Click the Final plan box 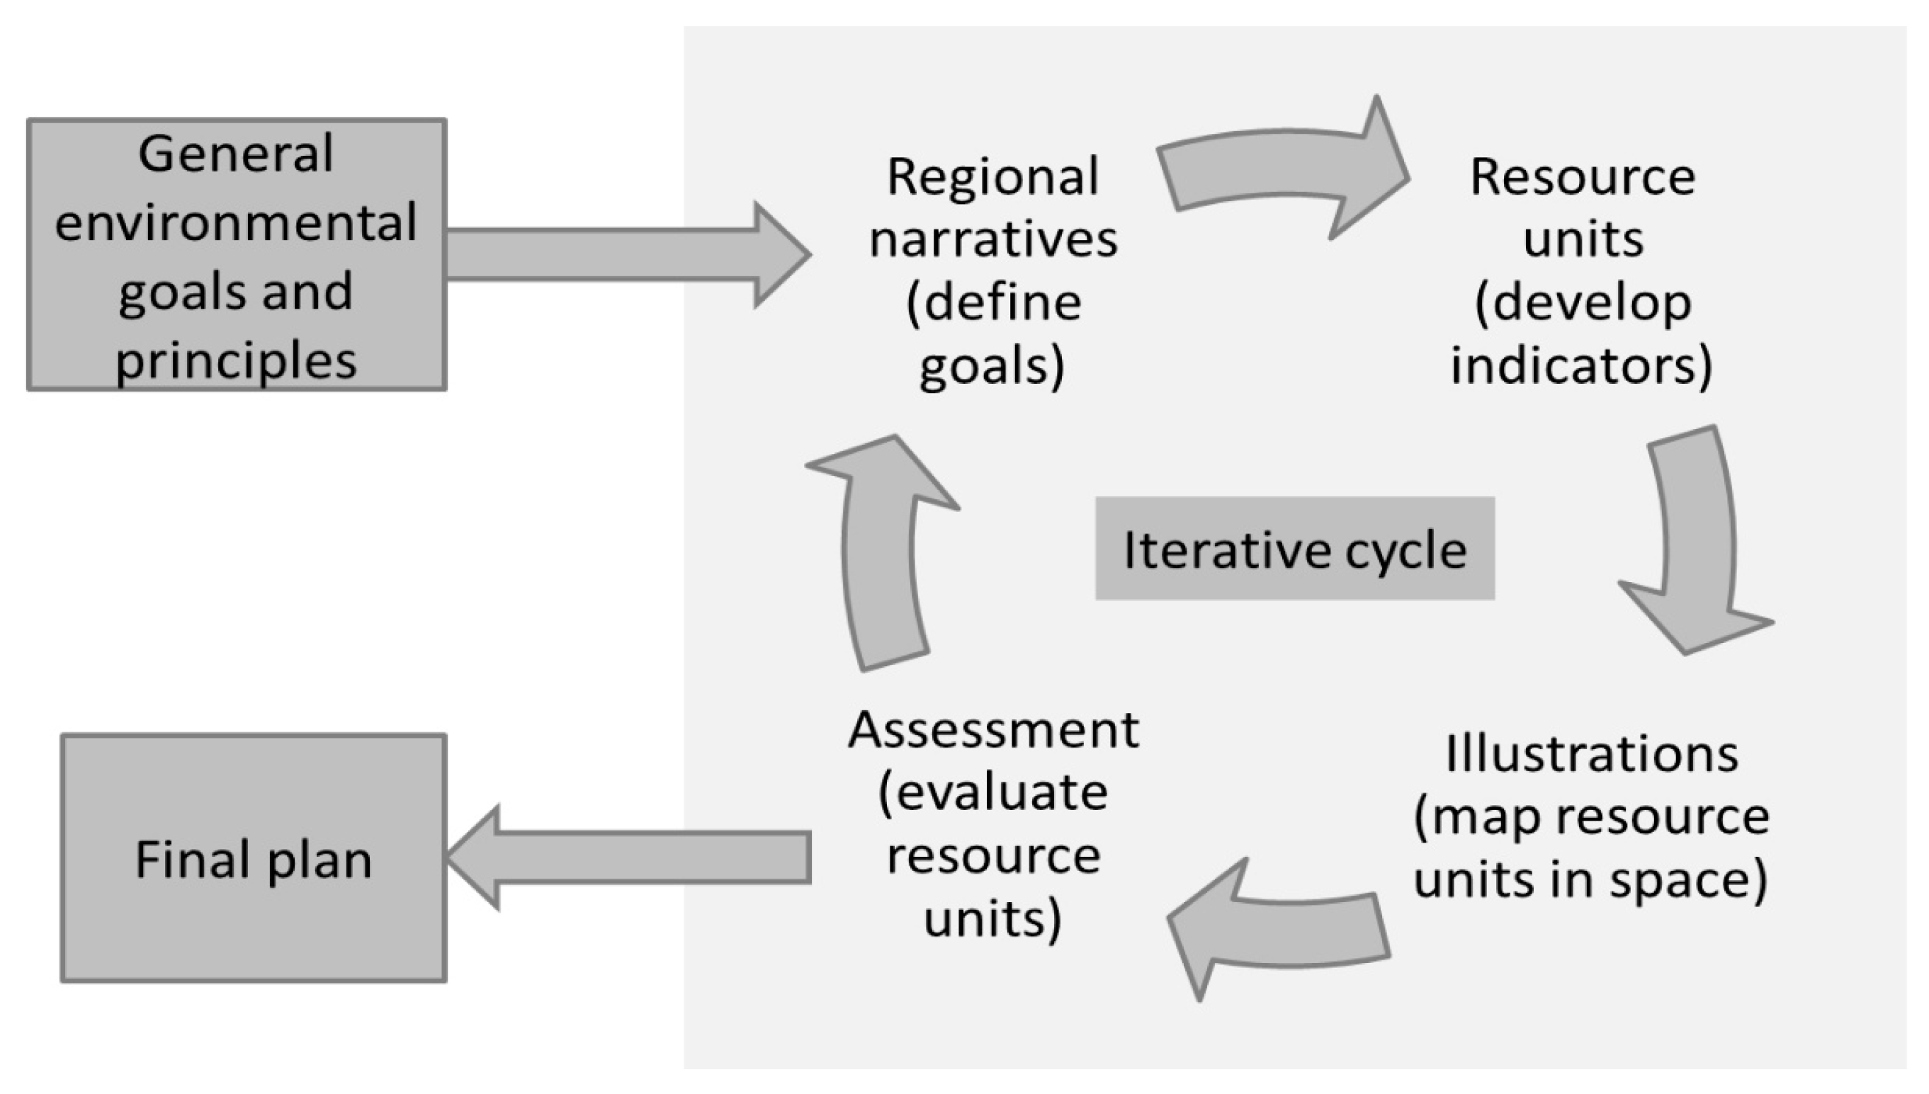pos(253,858)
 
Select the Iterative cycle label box pos(1294,549)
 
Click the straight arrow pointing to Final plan pos(631,857)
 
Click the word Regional pos(992,177)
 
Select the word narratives pos(992,241)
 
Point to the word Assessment pos(992,729)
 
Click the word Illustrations pos(1592,753)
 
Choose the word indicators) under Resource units pos(1582,365)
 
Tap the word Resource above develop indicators pos(1582,177)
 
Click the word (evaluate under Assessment pos(992,792)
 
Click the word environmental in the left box pos(235,222)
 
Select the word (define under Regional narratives pos(992,304)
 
